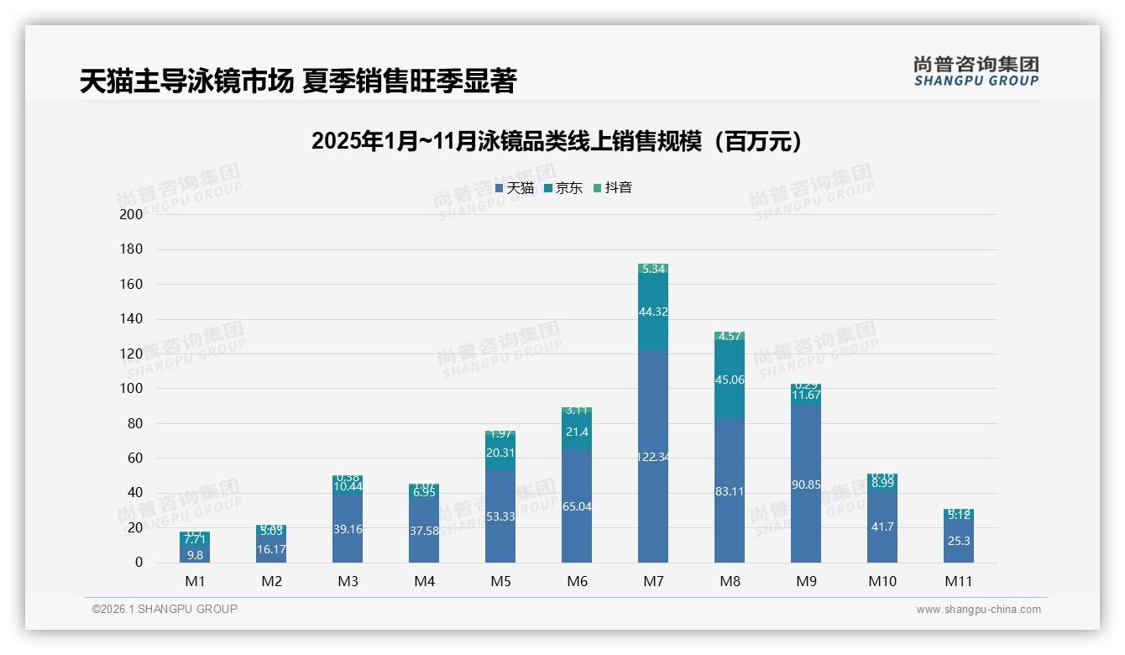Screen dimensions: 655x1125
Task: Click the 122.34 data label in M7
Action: (653, 457)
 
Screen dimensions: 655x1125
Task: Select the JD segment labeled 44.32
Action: (653, 312)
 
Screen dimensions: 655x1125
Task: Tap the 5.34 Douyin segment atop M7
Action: (653, 270)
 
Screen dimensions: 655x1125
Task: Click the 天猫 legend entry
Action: (515, 188)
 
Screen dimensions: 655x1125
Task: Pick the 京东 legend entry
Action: (563, 188)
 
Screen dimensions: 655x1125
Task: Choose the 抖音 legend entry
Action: (613, 188)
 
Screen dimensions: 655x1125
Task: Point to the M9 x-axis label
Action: (806, 581)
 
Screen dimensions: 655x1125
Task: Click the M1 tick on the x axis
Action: (195, 581)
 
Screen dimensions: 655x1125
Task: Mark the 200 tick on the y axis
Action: (131, 214)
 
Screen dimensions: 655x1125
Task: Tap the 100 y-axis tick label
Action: (131, 389)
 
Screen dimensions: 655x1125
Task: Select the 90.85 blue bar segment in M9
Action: (806, 485)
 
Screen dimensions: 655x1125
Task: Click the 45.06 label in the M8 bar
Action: (730, 380)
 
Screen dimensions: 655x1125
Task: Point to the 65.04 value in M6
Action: (577, 506)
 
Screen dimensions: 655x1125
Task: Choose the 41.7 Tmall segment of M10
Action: (882, 527)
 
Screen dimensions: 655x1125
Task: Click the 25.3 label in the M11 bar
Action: (959, 541)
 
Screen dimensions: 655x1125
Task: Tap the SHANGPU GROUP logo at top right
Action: (976, 71)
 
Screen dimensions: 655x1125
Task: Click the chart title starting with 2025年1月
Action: (556, 141)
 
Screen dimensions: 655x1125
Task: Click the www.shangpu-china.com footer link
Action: (978, 610)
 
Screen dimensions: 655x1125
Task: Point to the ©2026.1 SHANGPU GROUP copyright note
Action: (165, 609)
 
